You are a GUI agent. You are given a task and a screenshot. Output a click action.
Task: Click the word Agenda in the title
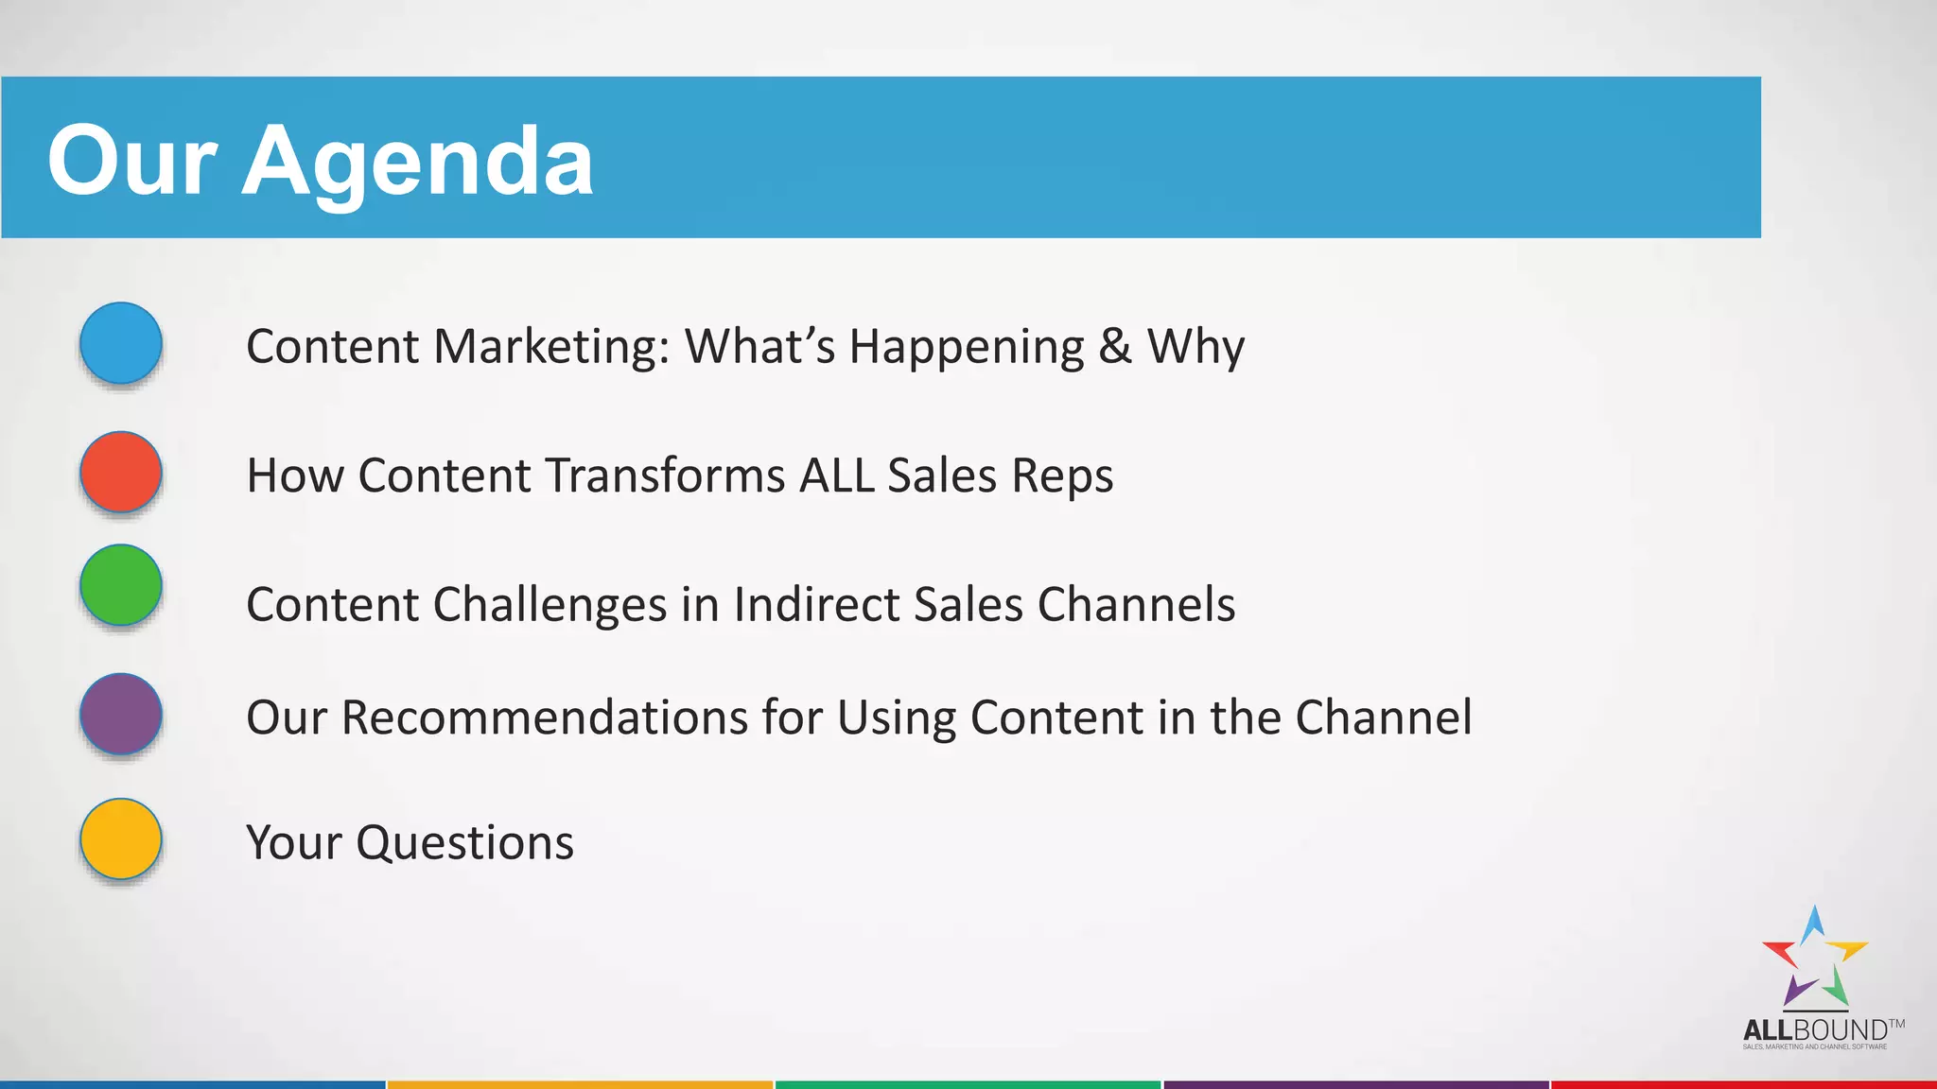click(417, 163)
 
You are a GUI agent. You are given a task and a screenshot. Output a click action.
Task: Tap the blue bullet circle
click(121, 343)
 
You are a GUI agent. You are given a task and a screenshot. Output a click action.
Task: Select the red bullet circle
click(121, 472)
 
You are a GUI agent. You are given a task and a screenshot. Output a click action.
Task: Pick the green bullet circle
click(121, 585)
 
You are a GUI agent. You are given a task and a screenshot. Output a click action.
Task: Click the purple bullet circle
click(121, 714)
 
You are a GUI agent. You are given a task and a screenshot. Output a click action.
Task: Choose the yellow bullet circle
click(121, 838)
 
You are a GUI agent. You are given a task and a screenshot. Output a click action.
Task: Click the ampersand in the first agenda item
click(1115, 346)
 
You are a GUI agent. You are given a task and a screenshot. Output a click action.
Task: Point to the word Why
click(1195, 346)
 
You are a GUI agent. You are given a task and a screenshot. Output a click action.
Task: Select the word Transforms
click(666, 475)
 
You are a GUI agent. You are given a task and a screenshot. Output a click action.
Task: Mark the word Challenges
click(550, 604)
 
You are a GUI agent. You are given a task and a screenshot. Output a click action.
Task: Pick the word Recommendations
click(545, 717)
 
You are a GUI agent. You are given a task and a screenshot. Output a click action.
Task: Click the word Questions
click(464, 842)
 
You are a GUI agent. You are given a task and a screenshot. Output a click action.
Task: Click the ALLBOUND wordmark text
click(1815, 1029)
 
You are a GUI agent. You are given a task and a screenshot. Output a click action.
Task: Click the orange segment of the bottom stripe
click(580, 1084)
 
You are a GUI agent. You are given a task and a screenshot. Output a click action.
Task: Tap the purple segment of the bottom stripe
click(1355, 1084)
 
